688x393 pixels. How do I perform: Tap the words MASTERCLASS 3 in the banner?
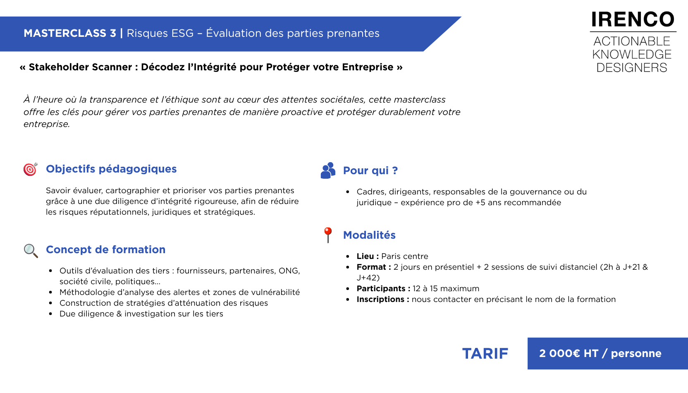[x=70, y=33]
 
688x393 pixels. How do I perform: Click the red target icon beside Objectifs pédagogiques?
[x=31, y=169]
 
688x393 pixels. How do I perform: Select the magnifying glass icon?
[x=31, y=251]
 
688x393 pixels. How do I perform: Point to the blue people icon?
[x=328, y=170]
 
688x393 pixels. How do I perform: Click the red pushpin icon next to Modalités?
[x=328, y=235]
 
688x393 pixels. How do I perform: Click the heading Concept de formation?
[x=106, y=249]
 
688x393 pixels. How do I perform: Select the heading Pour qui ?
[x=370, y=170]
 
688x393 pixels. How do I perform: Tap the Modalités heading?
[x=369, y=235]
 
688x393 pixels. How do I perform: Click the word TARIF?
[x=485, y=354]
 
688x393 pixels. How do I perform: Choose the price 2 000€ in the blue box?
[x=559, y=353]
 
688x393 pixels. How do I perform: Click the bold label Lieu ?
[x=368, y=256]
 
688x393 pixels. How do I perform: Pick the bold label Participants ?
[x=383, y=288]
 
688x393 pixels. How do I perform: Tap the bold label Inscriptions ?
[x=383, y=299]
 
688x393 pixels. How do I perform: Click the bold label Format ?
[x=374, y=267]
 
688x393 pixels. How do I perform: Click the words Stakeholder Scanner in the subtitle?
[x=81, y=67]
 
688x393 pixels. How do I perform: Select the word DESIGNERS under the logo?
[x=632, y=67]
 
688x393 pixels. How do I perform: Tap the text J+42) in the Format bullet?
[x=368, y=278]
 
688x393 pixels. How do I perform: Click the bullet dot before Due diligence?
[x=51, y=314]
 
